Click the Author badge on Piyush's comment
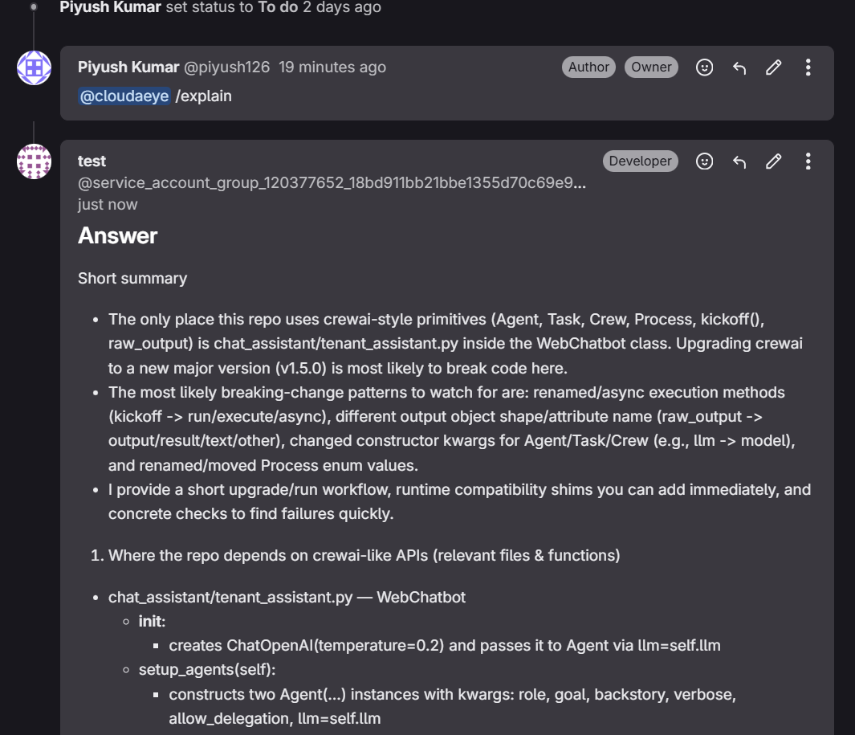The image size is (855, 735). [588, 67]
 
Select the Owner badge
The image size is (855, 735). [651, 67]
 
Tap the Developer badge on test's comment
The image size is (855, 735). [640, 161]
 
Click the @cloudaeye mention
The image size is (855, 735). [124, 96]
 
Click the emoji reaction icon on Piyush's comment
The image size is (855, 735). [704, 67]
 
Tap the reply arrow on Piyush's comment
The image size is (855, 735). [739, 67]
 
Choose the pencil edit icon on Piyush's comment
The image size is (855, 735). [773, 67]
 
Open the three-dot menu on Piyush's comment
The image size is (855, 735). [808, 67]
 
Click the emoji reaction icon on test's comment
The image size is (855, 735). [704, 161]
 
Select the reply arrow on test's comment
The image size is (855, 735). [739, 161]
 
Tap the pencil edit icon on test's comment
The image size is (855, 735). [773, 161]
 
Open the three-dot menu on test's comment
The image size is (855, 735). [808, 161]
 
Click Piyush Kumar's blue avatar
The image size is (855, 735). [35, 67]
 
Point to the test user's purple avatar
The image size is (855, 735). [35, 161]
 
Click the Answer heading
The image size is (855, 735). [117, 236]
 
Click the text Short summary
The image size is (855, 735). [132, 279]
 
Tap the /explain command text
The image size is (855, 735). [204, 96]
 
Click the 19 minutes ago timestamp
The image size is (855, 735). [332, 67]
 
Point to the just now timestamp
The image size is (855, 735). [108, 205]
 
